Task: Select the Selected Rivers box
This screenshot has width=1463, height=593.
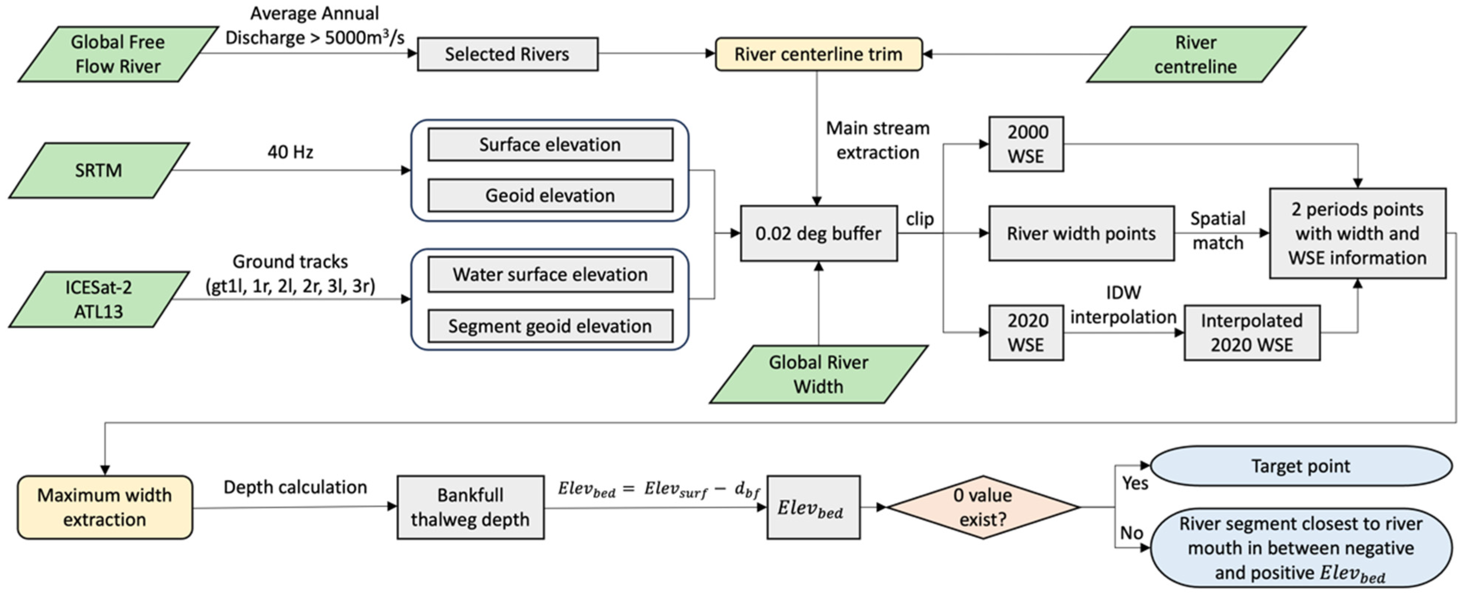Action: (x=507, y=54)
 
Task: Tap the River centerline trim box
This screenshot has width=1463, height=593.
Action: (x=818, y=54)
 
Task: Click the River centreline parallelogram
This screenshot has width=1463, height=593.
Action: (x=1196, y=54)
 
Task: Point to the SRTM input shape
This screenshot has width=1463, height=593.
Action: (x=99, y=170)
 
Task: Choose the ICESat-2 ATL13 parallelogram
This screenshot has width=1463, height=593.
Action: (x=99, y=299)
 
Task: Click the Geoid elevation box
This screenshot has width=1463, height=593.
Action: (x=550, y=195)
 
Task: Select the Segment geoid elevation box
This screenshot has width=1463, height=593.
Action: (x=550, y=326)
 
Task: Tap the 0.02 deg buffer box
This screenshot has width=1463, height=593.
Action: (x=818, y=233)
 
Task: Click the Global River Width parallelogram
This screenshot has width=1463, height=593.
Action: (x=818, y=374)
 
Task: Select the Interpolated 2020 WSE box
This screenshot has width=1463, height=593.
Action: (x=1251, y=332)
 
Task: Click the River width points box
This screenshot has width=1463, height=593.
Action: (x=1081, y=233)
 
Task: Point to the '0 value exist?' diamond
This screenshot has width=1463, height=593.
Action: (x=982, y=507)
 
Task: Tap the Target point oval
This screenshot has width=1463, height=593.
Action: (x=1300, y=466)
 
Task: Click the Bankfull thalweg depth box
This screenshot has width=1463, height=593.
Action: (x=470, y=507)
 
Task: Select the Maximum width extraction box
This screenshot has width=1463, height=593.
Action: (x=104, y=507)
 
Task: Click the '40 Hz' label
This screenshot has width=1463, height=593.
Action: (x=290, y=152)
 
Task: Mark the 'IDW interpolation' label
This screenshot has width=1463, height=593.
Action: (x=1123, y=305)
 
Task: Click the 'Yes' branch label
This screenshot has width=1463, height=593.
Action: (x=1135, y=483)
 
